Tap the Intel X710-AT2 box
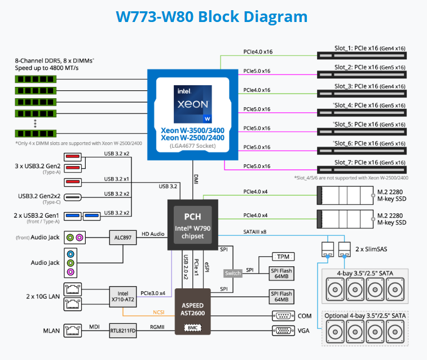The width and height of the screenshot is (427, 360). point(122,297)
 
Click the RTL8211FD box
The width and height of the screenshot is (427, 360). point(122,331)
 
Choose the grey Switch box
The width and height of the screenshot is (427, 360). point(232,273)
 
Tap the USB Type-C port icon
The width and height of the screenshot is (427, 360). point(72,197)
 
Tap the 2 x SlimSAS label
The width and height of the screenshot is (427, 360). point(372,249)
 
